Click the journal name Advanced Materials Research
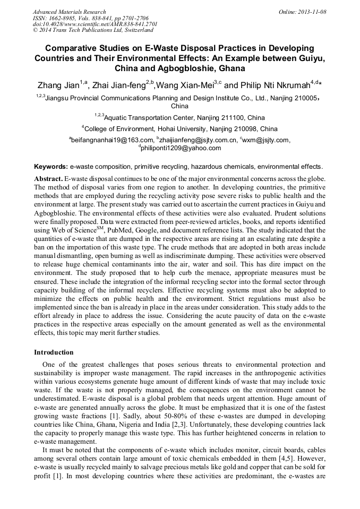(69, 12)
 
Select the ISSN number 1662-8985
(63, 18)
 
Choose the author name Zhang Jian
(57, 85)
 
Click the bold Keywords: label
(51, 166)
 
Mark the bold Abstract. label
(49, 178)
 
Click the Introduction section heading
(54, 352)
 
